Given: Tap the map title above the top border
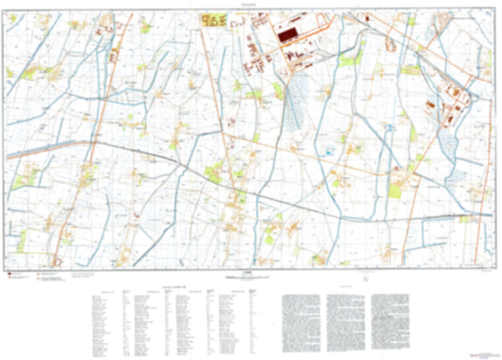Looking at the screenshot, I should point(250,5).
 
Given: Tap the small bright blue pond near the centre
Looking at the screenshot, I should point(328,150).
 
